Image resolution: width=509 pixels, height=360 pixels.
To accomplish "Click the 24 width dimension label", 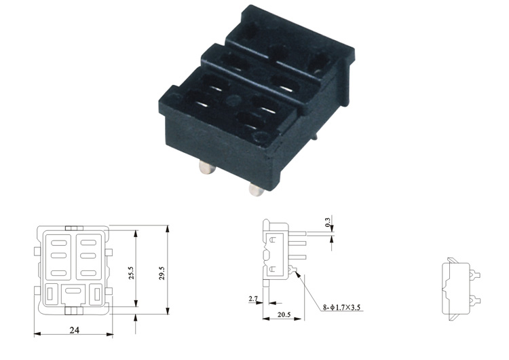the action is pos(75,330).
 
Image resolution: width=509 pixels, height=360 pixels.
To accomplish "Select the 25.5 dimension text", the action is pos(131,273).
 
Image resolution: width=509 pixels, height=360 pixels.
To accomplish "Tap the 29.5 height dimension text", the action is pos(162,273).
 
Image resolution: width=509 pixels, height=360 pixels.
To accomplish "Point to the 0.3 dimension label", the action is pos(328,222).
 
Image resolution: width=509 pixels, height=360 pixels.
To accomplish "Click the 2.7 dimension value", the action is pos(253,298).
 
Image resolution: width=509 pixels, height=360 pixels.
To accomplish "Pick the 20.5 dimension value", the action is pos(284,314).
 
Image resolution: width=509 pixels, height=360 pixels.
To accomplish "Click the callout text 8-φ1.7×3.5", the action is pos(341,307).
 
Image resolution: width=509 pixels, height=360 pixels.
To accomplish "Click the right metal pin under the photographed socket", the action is pos(256,190).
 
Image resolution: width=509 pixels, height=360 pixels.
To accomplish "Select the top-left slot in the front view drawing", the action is pos(59,242).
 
